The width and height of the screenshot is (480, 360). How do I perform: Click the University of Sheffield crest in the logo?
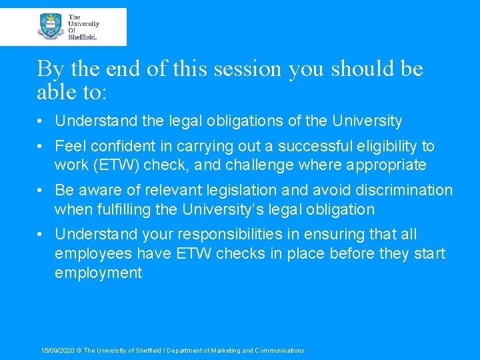pyautogui.click(x=51, y=27)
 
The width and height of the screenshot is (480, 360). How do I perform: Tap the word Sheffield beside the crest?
pyautogui.click(x=83, y=37)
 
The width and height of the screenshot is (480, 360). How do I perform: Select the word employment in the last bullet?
pyautogui.click(x=99, y=272)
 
